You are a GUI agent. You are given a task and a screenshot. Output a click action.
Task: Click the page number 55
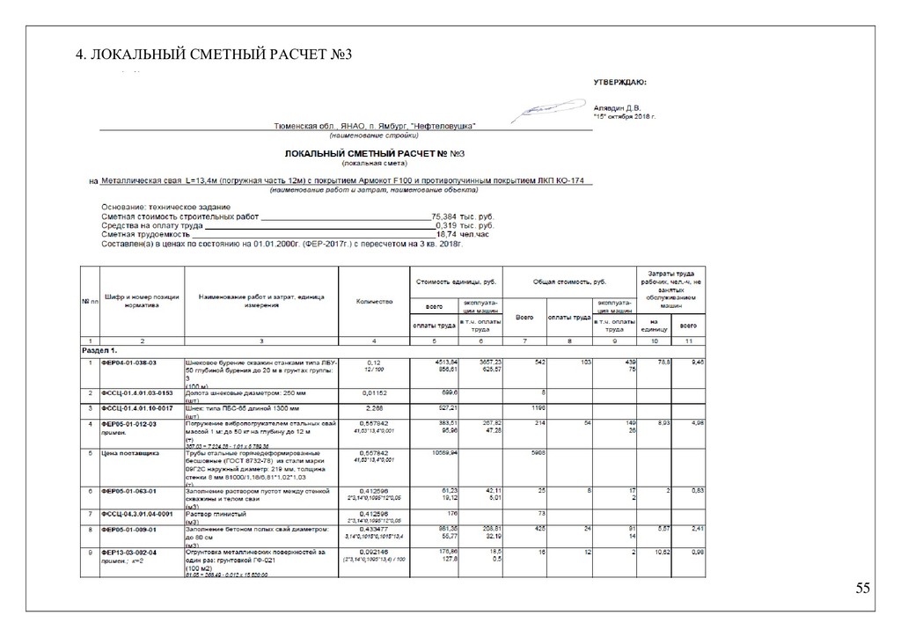(x=862, y=589)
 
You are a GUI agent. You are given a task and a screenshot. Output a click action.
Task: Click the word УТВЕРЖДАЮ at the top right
(x=619, y=83)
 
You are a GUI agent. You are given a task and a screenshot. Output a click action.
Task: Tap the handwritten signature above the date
(x=543, y=109)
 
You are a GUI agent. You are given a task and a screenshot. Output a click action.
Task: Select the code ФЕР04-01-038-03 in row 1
(x=130, y=362)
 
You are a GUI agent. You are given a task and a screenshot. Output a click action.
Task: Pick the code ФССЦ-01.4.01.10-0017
(x=138, y=409)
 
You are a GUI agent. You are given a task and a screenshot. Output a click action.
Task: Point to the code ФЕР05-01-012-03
(x=130, y=423)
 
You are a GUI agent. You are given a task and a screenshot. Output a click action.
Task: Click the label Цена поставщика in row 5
(x=130, y=453)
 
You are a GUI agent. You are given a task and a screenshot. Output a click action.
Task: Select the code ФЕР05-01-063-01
(x=130, y=489)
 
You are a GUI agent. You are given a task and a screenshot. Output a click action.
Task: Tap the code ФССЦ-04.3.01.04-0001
(x=138, y=512)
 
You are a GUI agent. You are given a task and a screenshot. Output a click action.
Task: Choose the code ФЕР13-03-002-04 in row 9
(x=130, y=552)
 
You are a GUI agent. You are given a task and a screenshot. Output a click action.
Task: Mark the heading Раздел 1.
(x=99, y=349)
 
